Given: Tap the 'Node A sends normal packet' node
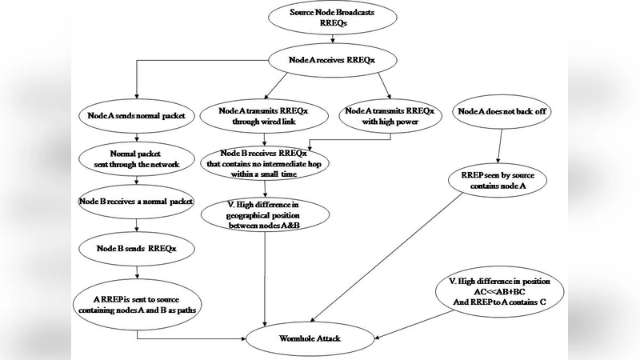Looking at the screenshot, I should coord(137,116).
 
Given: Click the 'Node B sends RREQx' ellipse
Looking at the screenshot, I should coord(138,249).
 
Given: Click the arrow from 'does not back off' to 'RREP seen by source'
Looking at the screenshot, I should coord(499,144).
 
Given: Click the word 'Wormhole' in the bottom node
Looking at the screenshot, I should coord(298,339).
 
